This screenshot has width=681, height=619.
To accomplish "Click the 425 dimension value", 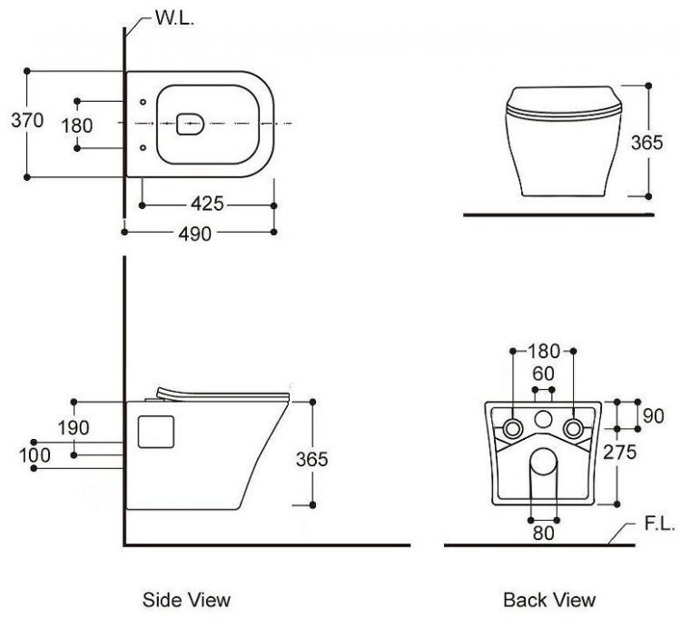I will coord(207,203).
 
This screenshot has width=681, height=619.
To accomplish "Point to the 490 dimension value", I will coord(194,234).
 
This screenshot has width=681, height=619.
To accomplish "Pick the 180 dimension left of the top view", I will coord(76,125).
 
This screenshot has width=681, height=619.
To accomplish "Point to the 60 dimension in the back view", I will coord(543,374).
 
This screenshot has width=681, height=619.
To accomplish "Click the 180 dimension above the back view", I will coord(544,351).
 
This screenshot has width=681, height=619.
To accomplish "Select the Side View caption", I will coord(186,599).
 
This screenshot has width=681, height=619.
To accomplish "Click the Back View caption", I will coord(549,599).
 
